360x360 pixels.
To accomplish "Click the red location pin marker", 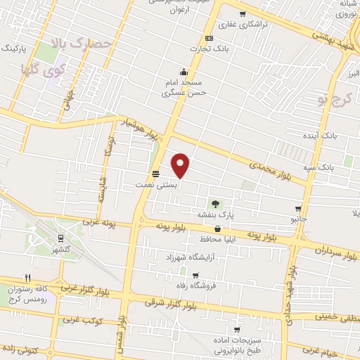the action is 181,165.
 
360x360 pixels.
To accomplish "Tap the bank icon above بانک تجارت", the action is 209,38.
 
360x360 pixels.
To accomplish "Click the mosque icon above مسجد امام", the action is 184,71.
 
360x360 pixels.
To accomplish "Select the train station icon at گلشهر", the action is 61,239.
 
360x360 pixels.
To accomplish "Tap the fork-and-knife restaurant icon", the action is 27,278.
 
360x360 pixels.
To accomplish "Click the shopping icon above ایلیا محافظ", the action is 217,229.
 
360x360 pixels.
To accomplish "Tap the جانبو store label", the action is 300,219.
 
